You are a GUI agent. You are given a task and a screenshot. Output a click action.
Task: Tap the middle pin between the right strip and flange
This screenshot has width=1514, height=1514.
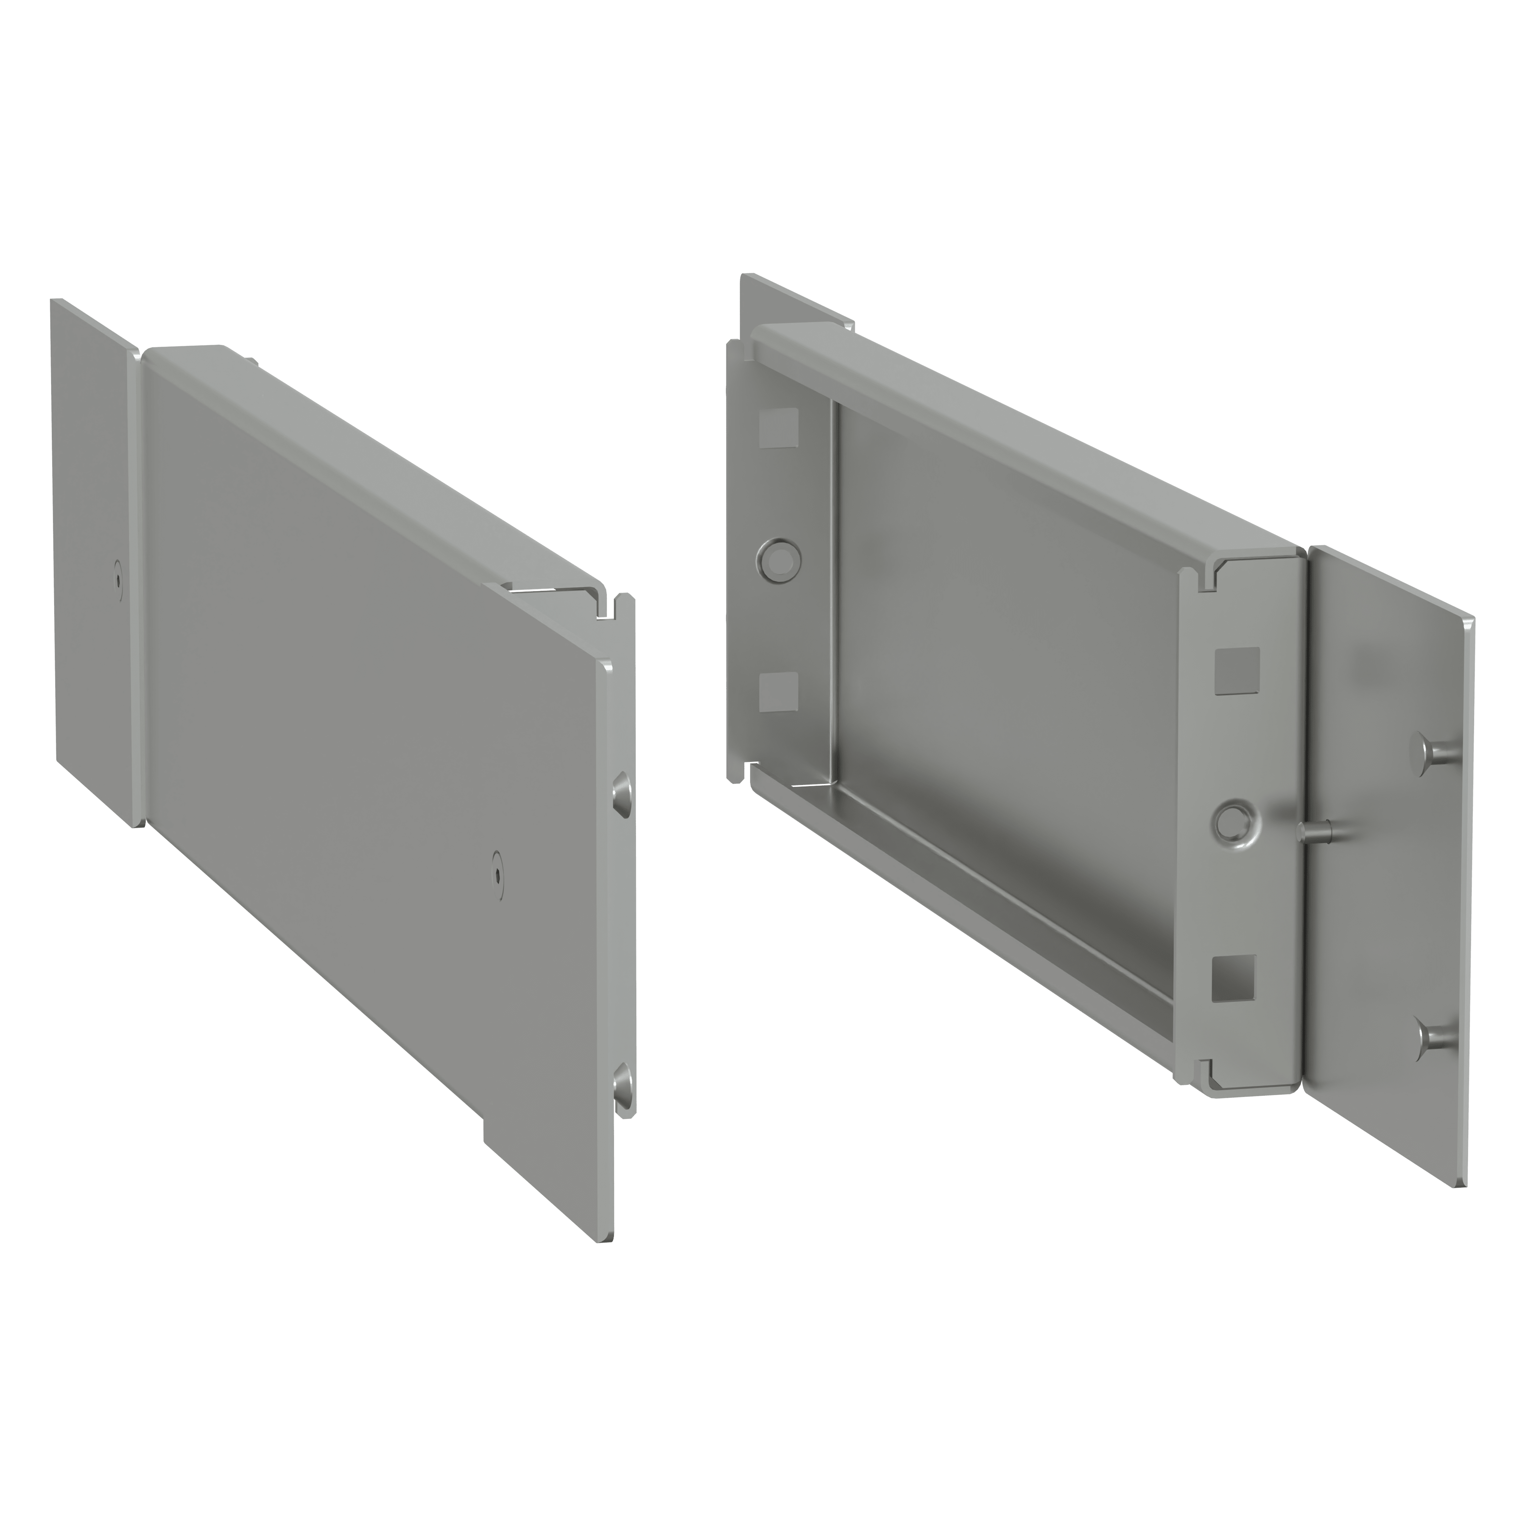coord(1316,829)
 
